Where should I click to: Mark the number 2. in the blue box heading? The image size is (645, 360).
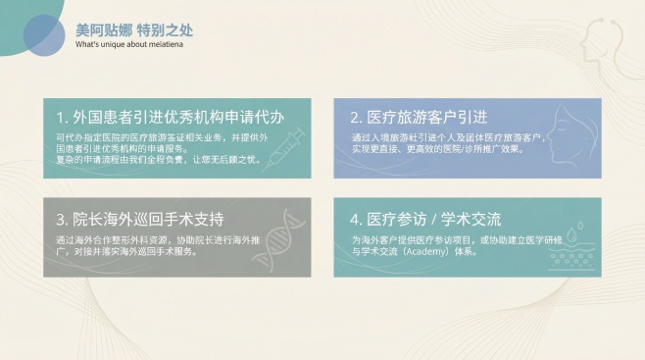point(357,116)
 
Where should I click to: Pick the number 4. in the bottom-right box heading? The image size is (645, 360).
point(357,217)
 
